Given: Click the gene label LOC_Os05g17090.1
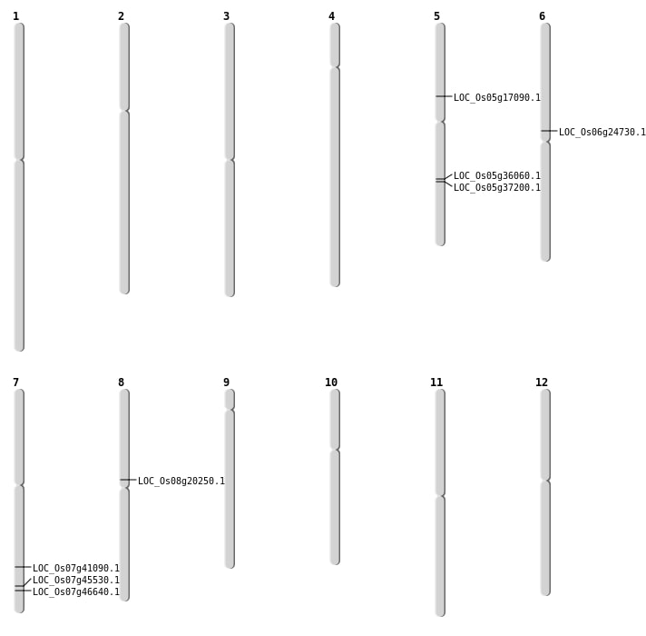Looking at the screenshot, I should (496, 98).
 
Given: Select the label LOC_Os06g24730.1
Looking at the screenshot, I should (602, 133).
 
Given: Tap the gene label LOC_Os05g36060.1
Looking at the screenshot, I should (496, 176).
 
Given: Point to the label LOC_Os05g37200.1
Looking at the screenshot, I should (496, 188).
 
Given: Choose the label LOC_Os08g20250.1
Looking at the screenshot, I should (181, 482).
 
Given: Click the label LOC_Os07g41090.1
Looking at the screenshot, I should (75, 569).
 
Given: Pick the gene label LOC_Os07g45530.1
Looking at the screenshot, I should (75, 581).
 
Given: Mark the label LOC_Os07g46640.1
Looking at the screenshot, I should (75, 592).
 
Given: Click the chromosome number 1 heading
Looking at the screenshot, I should (15, 16).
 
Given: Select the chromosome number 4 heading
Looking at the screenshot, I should (331, 16).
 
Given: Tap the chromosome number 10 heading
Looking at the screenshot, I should (331, 383).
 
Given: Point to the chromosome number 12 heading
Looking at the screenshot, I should (542, 383).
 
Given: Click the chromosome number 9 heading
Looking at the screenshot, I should (226, 383).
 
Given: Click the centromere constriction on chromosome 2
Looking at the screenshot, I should (124, 110).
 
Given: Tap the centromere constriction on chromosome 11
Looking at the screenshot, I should (440, 495).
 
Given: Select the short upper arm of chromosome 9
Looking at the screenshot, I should (230, 399).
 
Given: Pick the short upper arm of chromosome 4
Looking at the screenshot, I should (335, 45).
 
